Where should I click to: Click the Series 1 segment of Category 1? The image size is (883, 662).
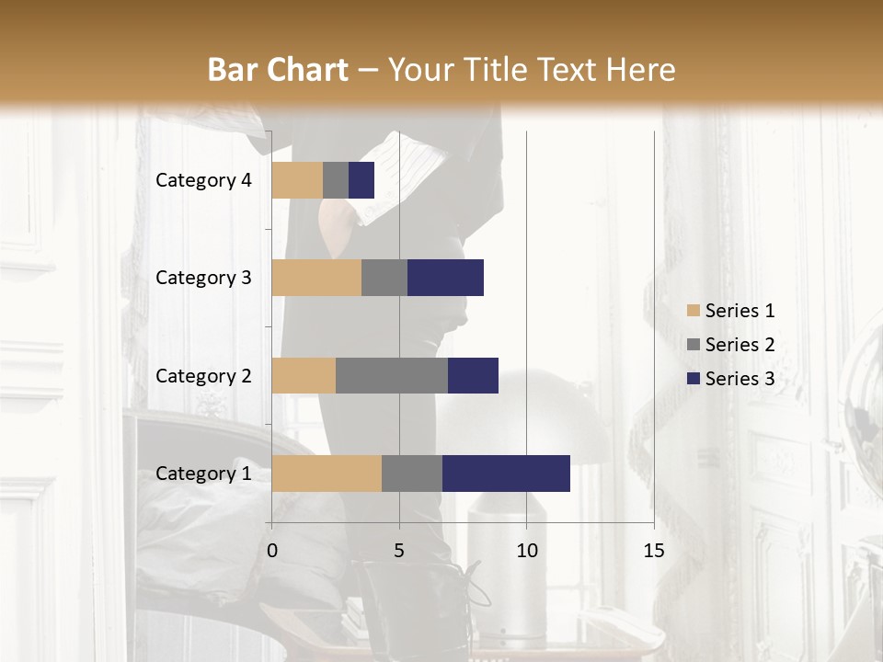327,474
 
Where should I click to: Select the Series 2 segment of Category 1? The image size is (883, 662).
412,474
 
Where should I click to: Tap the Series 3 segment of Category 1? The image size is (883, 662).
506,474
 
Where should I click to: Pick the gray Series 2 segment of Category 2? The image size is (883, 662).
392,375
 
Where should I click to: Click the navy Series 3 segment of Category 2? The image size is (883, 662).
473,375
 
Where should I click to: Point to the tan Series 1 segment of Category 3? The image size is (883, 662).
316,278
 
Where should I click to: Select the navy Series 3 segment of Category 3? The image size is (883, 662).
445,278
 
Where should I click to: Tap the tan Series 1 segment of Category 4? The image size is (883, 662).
297,180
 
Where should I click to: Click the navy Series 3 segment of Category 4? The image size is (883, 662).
361,180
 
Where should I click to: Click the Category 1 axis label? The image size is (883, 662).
203,474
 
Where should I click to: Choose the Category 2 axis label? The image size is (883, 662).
203,375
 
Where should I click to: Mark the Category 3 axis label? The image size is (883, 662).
203,278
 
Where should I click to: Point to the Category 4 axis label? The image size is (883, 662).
203,180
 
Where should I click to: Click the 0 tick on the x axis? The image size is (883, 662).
272,551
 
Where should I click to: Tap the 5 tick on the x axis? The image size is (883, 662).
399,551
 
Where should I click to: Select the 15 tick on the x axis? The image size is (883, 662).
654,551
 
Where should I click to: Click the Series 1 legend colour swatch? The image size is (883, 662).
693,311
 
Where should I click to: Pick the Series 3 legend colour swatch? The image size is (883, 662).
693,379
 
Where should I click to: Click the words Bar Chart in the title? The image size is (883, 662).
278,70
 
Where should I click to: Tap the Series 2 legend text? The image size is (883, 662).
740,345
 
